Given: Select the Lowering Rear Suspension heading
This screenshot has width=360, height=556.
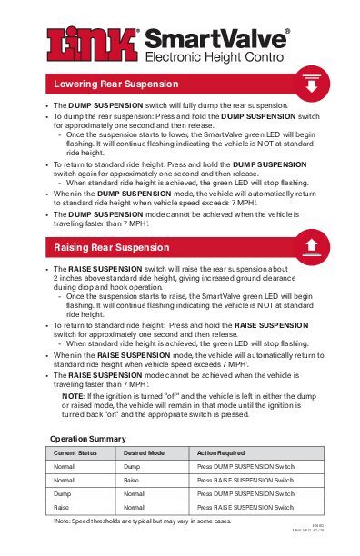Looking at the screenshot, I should click(115, 86).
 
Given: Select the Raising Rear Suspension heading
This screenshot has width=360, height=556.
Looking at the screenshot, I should click(111, 247).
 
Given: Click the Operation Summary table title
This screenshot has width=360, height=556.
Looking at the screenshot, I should click(87, 439).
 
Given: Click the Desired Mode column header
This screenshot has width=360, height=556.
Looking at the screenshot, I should click(144, 452).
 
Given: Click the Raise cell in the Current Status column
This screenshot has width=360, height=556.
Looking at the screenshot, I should click(62, 507).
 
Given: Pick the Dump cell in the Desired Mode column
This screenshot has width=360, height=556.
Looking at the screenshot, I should click(131, 466).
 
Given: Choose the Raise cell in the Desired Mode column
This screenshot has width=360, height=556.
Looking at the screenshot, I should click(131, 480).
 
